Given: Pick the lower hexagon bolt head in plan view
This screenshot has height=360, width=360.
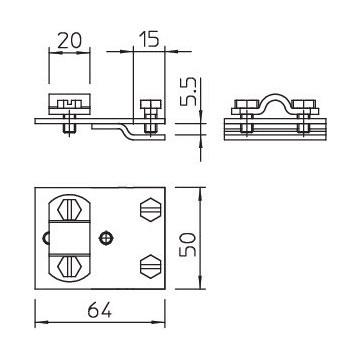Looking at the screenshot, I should (x=149, y=266).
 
